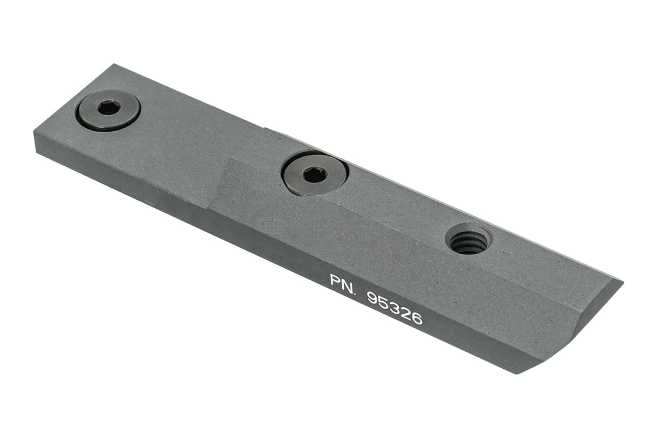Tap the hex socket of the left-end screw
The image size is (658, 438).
[x=108, y=107]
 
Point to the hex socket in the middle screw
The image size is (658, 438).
[x=314, y=175]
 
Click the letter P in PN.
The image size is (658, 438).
[x=336, y=280]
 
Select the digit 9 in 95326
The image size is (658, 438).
[x=374, y=297]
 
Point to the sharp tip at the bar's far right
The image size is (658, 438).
[x=622, y=282]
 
